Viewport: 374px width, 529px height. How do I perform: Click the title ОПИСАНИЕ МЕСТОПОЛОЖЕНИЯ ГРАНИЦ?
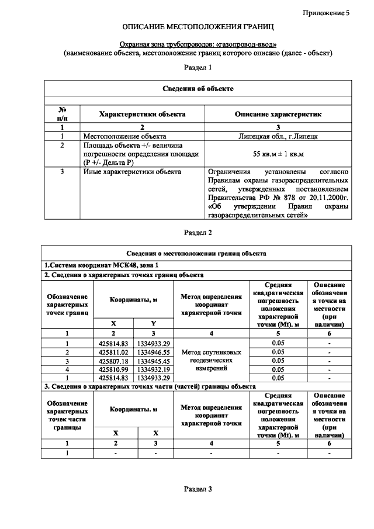[198, 27]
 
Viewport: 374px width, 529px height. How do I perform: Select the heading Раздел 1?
[198, 68]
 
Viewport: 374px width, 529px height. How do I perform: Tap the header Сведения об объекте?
[198, 88]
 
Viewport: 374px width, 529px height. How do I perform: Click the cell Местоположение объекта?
[117, 136]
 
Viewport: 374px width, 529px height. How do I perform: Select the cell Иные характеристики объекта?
[132, 172]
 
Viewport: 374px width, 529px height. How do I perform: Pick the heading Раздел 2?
[198, 232]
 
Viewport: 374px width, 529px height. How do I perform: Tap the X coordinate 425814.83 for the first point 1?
[114, 343]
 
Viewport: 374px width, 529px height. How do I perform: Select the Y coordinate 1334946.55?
[154, 352]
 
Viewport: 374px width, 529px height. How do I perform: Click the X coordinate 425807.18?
[114, 361]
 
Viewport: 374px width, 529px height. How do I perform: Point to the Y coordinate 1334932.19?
[154, 369]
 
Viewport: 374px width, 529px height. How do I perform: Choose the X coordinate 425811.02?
[114, 352]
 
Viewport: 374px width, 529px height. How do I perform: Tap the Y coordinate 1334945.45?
[154, 361]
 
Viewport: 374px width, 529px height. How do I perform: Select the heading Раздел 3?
[198, 489]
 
